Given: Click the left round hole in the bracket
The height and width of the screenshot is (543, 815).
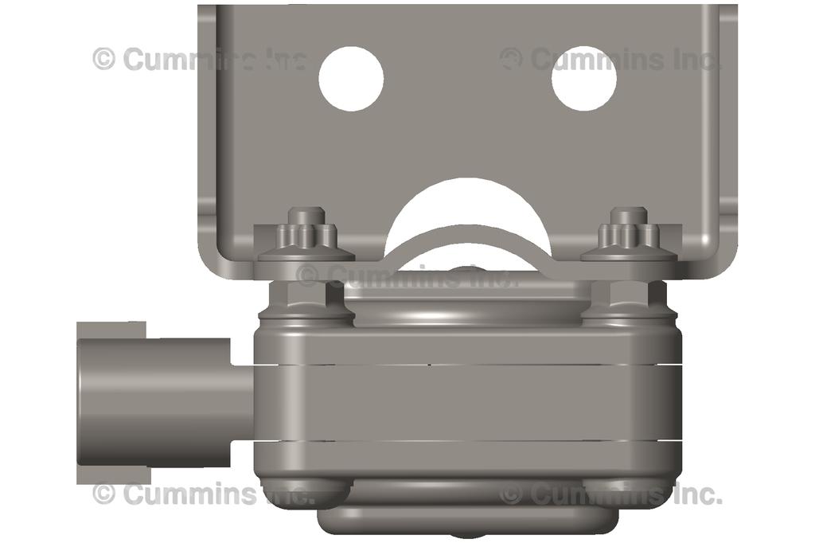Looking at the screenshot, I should click(351, 79).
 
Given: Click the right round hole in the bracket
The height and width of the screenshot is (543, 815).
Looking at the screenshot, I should click(584, 79).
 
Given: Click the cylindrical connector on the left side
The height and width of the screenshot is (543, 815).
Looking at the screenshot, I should click(159, 402).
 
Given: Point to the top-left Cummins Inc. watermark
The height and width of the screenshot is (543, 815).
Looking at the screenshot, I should click(199, 59).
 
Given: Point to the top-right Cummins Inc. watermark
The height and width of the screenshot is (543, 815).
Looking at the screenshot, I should click(611, 59).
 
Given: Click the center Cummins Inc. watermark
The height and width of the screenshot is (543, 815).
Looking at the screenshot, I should click(407, 275).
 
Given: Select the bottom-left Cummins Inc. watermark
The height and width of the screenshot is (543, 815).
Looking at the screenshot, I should click(204, 494).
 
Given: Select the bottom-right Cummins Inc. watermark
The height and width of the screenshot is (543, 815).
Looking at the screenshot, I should click(611, 494).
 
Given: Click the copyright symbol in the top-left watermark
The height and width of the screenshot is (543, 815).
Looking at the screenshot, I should click(104, 58).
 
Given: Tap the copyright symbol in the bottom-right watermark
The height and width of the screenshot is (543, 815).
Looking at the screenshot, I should click(512, 494).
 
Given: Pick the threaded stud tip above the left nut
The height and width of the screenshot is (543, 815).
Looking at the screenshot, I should click(306, 215).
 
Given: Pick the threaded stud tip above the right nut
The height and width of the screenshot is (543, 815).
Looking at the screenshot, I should click(629, 215).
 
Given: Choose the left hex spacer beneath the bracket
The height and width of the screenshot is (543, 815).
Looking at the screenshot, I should click(306, 298).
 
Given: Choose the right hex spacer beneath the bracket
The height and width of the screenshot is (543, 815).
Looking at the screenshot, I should click(629, 298).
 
